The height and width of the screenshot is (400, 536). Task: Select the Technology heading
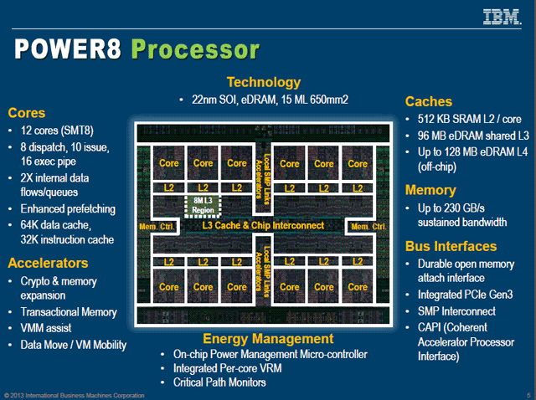click(264, 82)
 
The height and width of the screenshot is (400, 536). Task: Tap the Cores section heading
click(28, 113)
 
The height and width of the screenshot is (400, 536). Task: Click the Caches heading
click(430, 101)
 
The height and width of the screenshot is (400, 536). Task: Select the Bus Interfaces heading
click(451, 247)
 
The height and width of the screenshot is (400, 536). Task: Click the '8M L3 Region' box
click(201, 206)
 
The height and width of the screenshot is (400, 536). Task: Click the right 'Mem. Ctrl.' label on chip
click(368, 227)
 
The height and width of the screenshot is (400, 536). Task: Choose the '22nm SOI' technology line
click(264, 100)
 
